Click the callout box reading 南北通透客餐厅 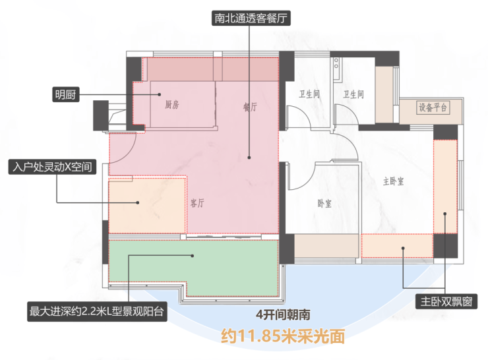(x=251, y=18)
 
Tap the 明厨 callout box (x=65, y=94)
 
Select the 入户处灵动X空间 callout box (x=52, y=167)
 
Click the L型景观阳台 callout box (x=97, y=311)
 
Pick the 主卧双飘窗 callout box (x=446, y=301)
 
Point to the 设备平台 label (x=433, y=107)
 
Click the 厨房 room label (x=172, y=105)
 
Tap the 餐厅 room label (x=250, y=107)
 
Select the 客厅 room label (x=197, y=203)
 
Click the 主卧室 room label (x=393, y=181)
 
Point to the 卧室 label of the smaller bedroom (x=324, y=204)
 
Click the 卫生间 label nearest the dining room (x=309, y=94)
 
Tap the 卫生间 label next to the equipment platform (x=353, y=94)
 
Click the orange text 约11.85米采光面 (x=283, y=336)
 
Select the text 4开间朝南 (x=283, y=315)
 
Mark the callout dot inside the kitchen (x=160, y=94)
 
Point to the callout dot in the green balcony (x=193, y=256)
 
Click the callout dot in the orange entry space (x=138, y=202)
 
